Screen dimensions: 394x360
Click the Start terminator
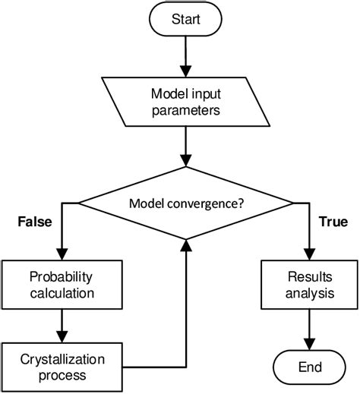tap(185, 19)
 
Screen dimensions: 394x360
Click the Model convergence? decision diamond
tap(185, 203)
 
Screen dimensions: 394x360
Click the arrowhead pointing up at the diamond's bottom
tap(185, 243)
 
